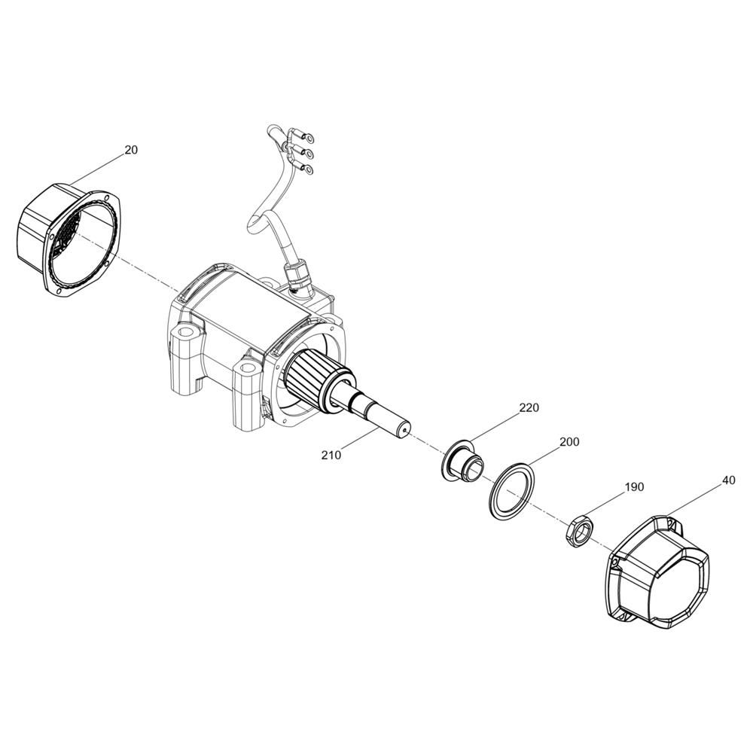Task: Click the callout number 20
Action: [131, 150]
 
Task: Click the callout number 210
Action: [331, 455]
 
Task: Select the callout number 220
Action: [529, 407]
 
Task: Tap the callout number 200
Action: [569, 441]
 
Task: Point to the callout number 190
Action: [634, 487]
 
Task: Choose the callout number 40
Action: [728, 480]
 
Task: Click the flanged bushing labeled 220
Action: [464, 462]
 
